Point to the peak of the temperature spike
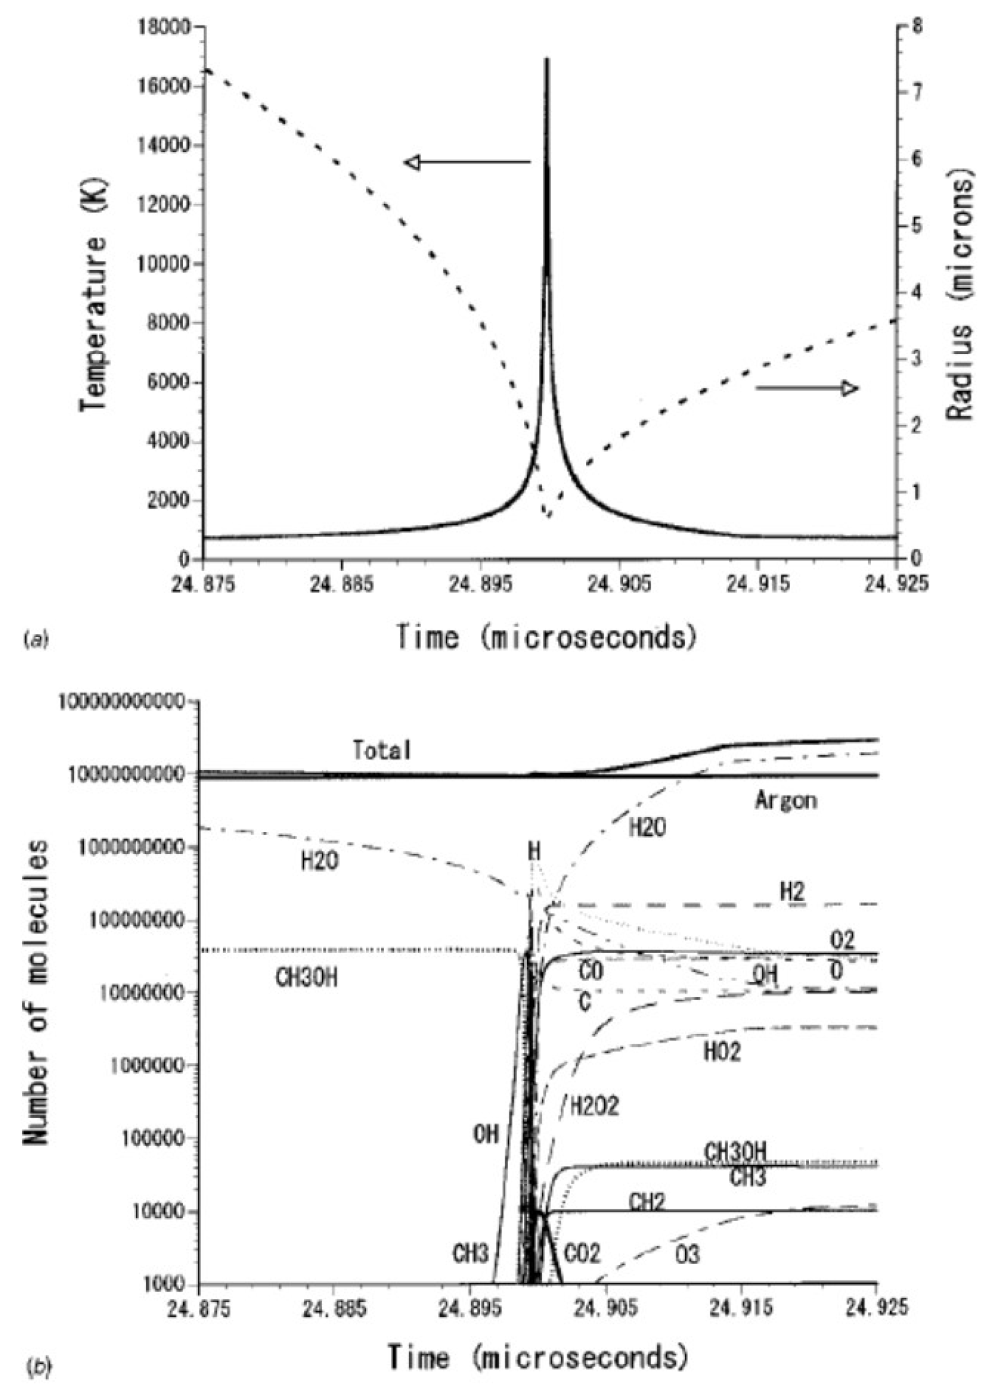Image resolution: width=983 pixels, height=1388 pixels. pos(546,60)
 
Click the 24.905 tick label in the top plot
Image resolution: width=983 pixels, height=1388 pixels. pos(618,584)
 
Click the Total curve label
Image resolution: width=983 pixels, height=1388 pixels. pos(382,750)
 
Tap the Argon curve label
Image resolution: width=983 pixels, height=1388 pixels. pos(785,801)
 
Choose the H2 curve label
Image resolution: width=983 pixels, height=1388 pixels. pos(793,892)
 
